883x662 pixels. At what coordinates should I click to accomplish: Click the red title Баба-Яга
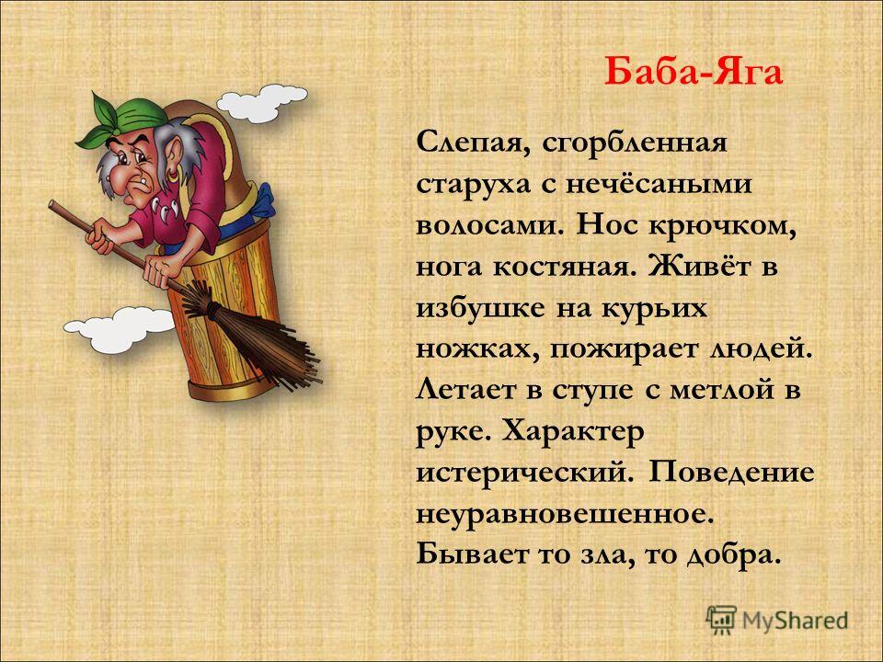tap(694, 72)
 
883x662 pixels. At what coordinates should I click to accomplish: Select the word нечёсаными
tap(658, 184)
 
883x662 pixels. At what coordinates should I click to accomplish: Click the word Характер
tap(573, 432)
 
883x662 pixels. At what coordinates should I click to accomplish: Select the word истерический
tap(521, 474)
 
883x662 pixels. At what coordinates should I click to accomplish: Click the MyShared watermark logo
tap(777, 621)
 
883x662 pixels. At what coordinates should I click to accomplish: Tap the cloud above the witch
tap(261, 104)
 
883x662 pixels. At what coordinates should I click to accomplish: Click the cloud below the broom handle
tap(120, 330)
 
